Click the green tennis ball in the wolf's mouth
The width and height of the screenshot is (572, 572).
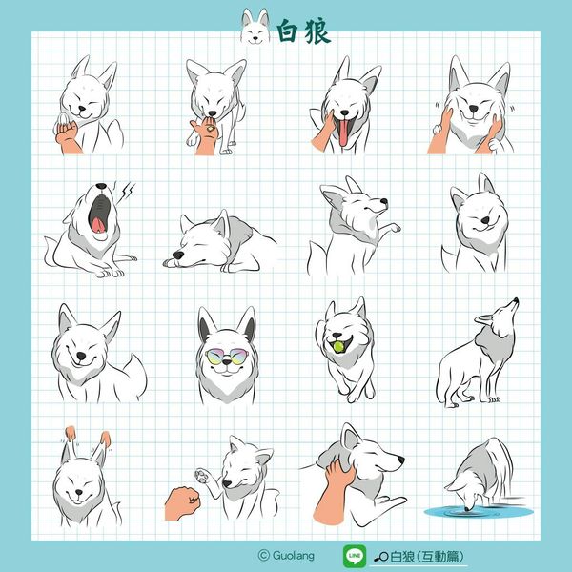338,347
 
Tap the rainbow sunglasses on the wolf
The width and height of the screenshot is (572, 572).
226,356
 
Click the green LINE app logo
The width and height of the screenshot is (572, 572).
355,556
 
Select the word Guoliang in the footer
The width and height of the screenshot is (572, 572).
293,556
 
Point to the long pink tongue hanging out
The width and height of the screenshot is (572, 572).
343,133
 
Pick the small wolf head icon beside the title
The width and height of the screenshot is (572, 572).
255,27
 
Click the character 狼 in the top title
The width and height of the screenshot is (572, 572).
317,31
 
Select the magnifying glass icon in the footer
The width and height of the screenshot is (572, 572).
381,557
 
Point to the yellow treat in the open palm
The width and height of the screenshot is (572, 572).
211,128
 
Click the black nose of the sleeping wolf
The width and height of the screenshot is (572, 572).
177,255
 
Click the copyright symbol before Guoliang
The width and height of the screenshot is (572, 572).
263,556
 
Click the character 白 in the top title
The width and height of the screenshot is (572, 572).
288,31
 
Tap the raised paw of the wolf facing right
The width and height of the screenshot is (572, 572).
393,228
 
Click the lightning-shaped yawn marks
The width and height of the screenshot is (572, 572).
126,190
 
